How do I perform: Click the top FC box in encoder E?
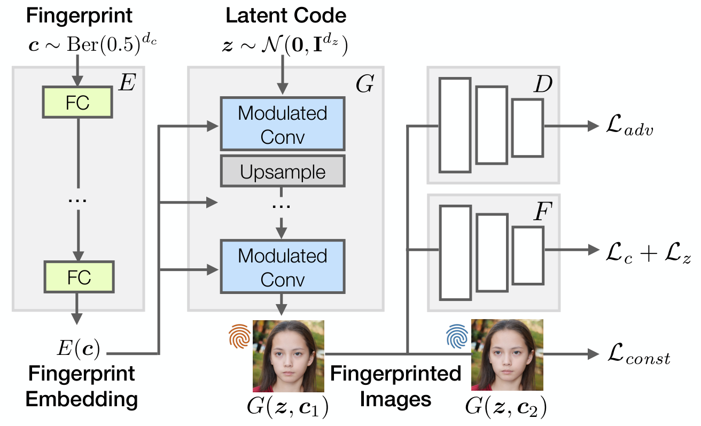(x=77, y=102)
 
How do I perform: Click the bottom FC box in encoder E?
(x=79, y=277)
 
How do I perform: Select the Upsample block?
(x=283, y=171)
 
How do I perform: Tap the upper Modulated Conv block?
(x=283, y=124)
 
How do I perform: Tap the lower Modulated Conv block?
(x=283, y=267)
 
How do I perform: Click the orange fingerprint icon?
(x=240, y=336)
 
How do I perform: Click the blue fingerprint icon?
(x=457, y=336)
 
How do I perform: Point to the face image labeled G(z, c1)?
(x=288, y=356)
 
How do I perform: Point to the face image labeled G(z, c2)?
(x=507, y=355)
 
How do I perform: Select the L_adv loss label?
(x=629, y=126)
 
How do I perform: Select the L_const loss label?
(x=638, y=354)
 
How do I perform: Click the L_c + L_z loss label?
(x=648, y=253)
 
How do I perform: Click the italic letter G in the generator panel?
(x=364, y=83)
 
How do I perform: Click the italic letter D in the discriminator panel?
(x=543, y=84)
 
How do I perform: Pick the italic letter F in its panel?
(x=543, y=212)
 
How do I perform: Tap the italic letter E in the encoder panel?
(x=127, y=82)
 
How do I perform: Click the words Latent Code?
(x=286, y=16)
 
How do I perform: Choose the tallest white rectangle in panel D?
(x=455, y=125)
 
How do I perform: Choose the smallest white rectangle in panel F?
(x=528, y=255)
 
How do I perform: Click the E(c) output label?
(x=78, y=348)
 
